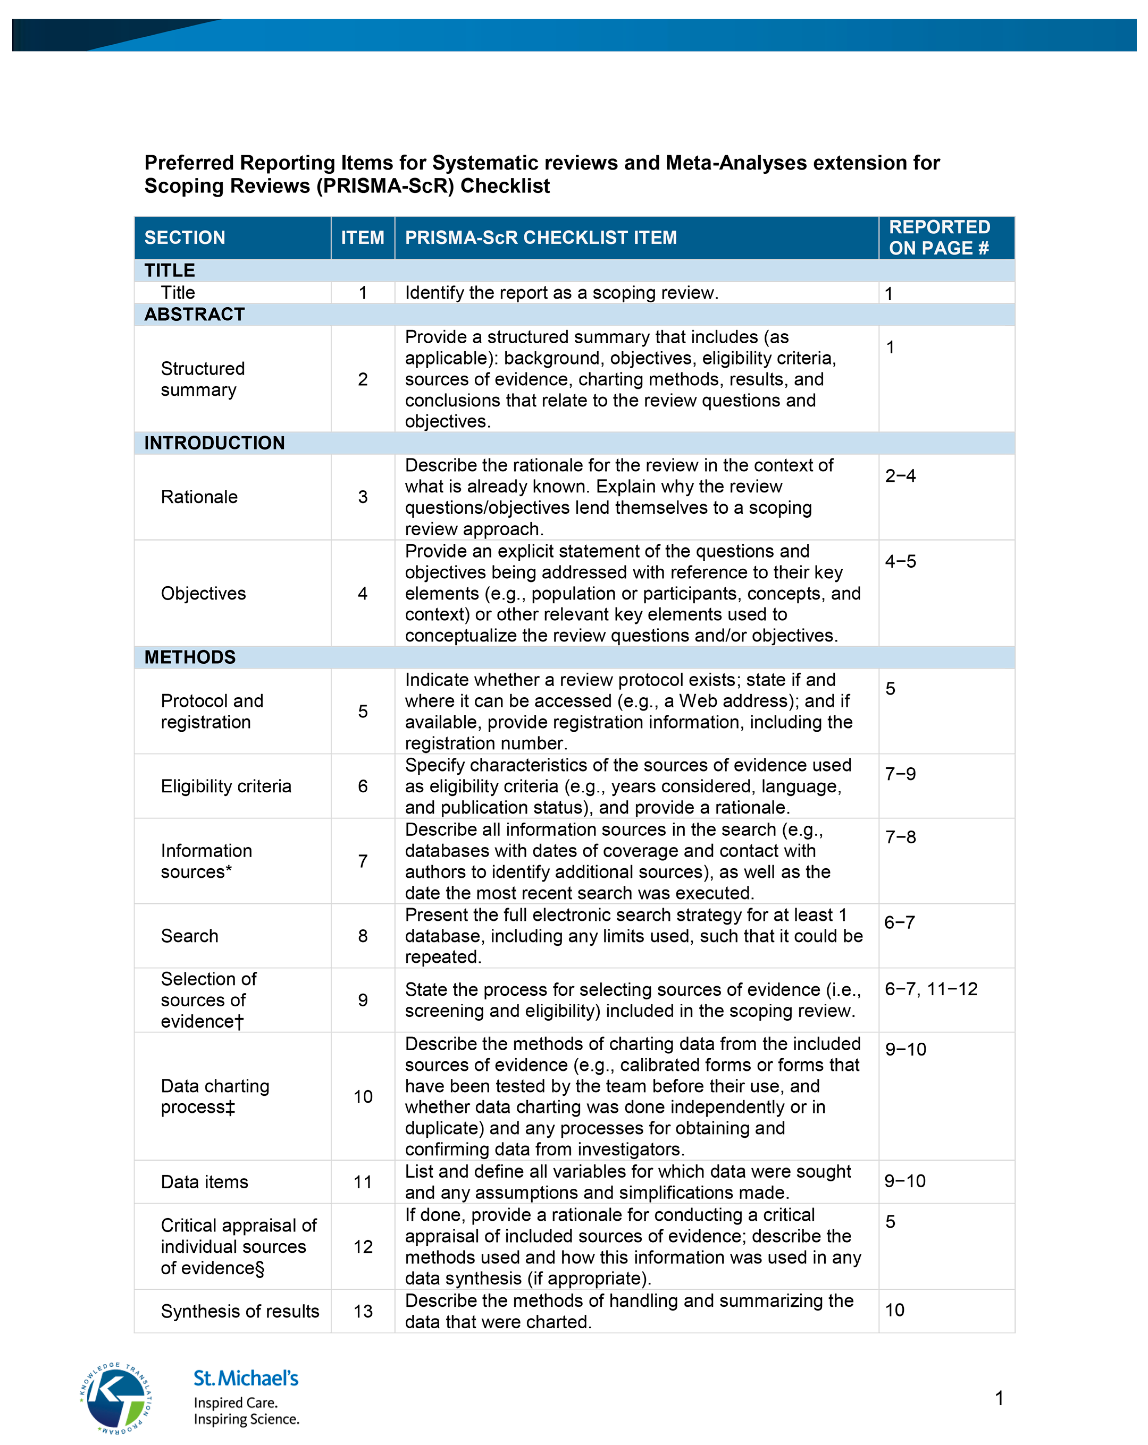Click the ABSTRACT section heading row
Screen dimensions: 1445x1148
tap(194, 314)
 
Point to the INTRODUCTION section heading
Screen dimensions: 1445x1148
tap(215, 443)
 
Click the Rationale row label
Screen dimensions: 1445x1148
tap(199, 497)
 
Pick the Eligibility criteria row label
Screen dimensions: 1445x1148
tap(226, 786)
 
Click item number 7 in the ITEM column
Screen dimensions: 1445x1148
tap(363, 861)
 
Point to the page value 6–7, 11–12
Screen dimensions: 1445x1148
tap(931, 989)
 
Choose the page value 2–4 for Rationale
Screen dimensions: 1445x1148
tap(900, 476)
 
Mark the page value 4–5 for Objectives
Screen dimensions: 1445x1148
tap(900, 562)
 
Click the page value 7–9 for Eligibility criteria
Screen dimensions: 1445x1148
tap(900, 774)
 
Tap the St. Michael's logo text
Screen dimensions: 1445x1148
tap(246, 1378)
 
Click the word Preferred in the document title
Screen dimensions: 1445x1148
tap(189, 163)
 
